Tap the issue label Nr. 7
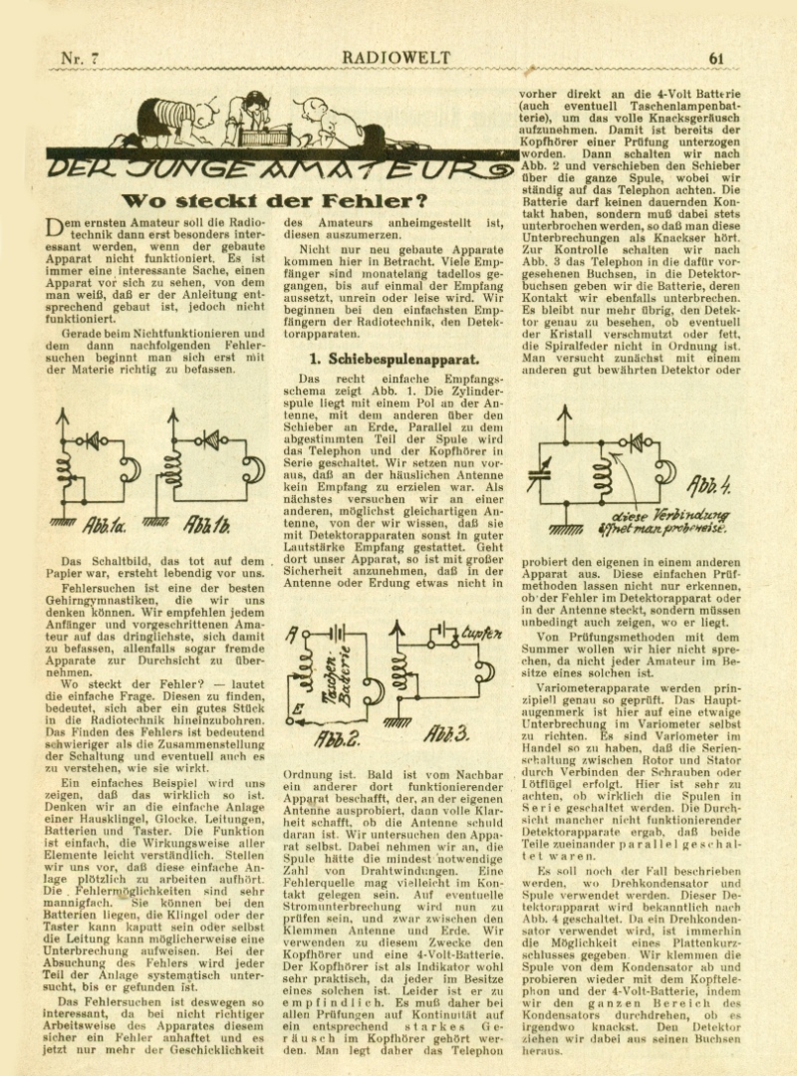[x=80, y=58]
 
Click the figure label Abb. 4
[x=713, y=487]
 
